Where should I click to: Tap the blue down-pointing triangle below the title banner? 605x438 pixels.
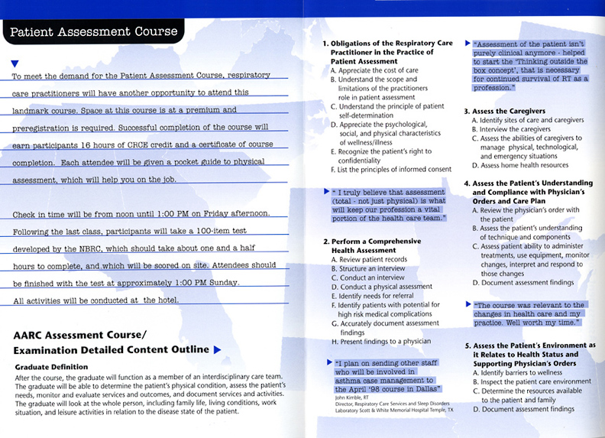pos(15,63)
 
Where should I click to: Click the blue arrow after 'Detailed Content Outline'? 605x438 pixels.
pos(217,349)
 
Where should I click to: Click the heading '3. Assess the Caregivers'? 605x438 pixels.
pos(510,112)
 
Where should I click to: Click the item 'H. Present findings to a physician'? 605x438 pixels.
pos(381,341)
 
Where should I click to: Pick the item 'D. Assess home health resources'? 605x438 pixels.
pos(519,164)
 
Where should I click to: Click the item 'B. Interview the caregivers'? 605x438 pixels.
pos(511,129)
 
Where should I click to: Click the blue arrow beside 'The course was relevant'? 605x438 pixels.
pos(468,305)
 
